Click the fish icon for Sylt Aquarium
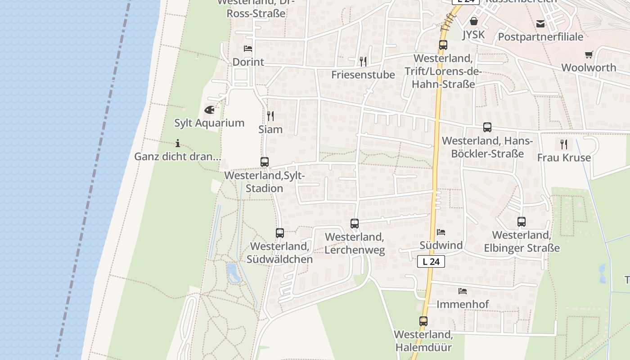point(209,109)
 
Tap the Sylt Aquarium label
point(209,123)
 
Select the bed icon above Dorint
point(248,49)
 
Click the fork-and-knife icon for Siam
point(270,116)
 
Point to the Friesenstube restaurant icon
point(363,61)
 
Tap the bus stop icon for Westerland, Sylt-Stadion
point(265,162)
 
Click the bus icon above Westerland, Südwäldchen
point(280,233)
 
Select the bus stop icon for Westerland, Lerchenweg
point(355,223)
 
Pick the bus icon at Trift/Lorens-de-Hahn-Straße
point(443,45)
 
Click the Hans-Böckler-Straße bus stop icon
point(487,127)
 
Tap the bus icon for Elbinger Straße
point(522,222)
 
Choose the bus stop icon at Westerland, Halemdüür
point(423,321)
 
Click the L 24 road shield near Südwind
point(431,261)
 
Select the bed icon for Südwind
point(441,232)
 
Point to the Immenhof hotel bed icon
point(463,291)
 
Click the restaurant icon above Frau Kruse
point(563,144)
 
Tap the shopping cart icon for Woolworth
point(589,54)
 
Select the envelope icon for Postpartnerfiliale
point(540,24)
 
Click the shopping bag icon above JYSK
point(474,21)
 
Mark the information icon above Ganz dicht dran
point(178,144)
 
